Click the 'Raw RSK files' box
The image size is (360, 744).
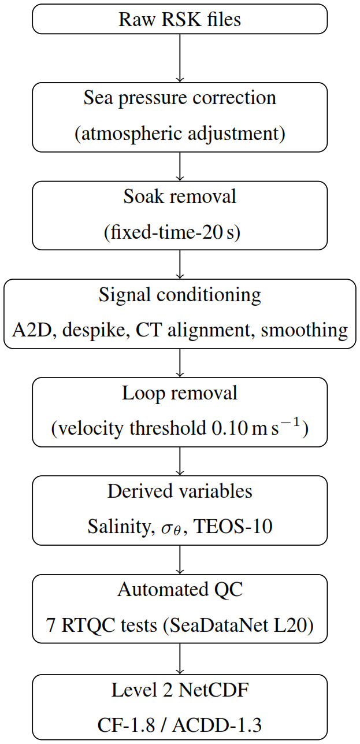[x=180, y=19]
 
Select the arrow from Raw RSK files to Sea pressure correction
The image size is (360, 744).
[x=180, y=58]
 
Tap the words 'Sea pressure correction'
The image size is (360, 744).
[x=180, y=98]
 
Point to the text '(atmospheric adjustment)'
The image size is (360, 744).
[x=180, y=134]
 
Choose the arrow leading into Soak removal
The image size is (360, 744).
[x=180, y=166]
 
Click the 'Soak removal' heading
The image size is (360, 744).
[x=180, y=196]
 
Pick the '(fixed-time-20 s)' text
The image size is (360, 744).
[x=172, y=232]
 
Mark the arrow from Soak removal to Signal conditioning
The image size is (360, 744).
[x=180, y=264]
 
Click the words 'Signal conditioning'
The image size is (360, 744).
[x=180, y=295]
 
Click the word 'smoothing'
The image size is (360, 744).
[x=304, y=331]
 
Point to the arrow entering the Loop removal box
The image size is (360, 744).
[x=180, y=362]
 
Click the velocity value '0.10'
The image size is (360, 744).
[x=229, y=428]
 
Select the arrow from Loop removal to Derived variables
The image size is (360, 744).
[x=180, y=461]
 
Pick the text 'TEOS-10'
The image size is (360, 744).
[x=233, y=527]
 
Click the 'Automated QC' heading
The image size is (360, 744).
[x=180, y=590]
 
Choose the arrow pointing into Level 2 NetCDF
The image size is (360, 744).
[x=180, y=659]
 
